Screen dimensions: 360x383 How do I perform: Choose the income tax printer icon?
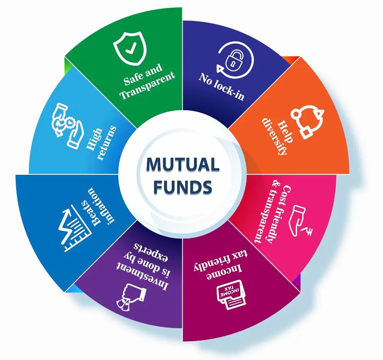[x=231, y=296]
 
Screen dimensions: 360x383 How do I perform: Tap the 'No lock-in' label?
[x=221, y=86]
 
